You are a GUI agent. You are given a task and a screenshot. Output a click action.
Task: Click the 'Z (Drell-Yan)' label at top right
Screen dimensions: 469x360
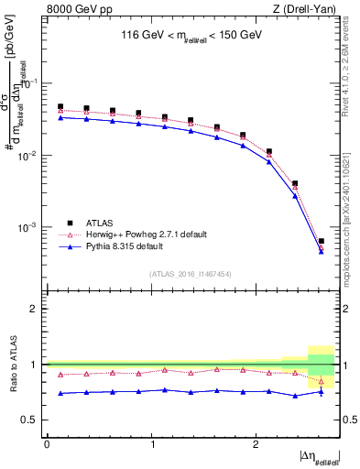(x=306, y=9)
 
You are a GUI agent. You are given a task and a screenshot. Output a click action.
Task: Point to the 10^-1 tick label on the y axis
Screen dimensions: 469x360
(x=29, y=83)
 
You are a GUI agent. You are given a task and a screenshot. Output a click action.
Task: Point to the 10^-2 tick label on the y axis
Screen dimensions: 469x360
(x=29, y=156)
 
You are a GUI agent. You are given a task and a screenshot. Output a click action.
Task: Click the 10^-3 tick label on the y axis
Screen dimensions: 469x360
(x=29, y=227)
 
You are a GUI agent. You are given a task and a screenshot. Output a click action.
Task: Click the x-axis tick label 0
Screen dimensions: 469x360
(x=47, y=444)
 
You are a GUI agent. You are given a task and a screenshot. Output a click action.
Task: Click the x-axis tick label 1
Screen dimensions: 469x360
(x=150, y=444)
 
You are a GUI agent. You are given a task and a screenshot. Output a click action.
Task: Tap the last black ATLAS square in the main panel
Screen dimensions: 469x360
(x=321, y=241)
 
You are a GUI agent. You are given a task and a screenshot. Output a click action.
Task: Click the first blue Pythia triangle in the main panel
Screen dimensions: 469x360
(x=60, y=117)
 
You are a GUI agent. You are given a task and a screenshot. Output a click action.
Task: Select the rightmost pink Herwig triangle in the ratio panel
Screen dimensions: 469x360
(x=321, y=381)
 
